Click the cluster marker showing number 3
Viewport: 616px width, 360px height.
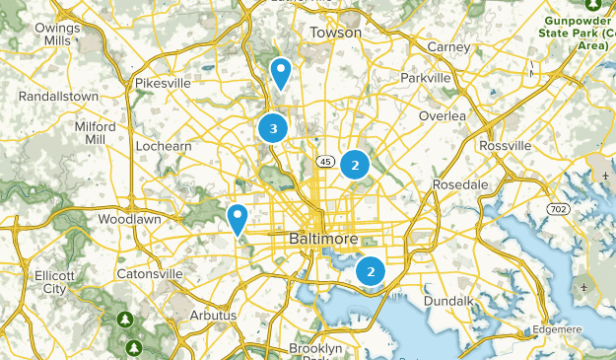click(x=273, y=128)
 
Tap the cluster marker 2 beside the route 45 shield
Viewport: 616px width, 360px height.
click(x=355, y=165)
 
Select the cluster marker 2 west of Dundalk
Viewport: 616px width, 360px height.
click(x=371, y=270)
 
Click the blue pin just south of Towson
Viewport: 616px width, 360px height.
click(x=281, y=72)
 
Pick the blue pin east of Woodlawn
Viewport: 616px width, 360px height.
click(x=238, y=217)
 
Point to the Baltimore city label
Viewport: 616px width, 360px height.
click(x=325, y=240)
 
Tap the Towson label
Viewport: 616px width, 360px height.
click(x=336, y=33)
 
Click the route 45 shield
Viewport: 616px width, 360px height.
click(x=323, y=161)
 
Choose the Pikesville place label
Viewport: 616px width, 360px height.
click(x=163, y=84)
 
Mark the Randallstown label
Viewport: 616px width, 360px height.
click(x=59, y=97)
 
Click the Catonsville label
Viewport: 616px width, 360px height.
click(x=150, y=273)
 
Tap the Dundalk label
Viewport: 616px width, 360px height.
click(x=449, y=300)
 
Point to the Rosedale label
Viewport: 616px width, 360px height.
click(x=460, y=184)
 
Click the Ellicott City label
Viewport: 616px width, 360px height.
click(x=49, y=281)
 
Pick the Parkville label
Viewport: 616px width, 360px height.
click(x=426, y=78)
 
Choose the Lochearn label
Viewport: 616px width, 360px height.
click(x=164, y=146)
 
